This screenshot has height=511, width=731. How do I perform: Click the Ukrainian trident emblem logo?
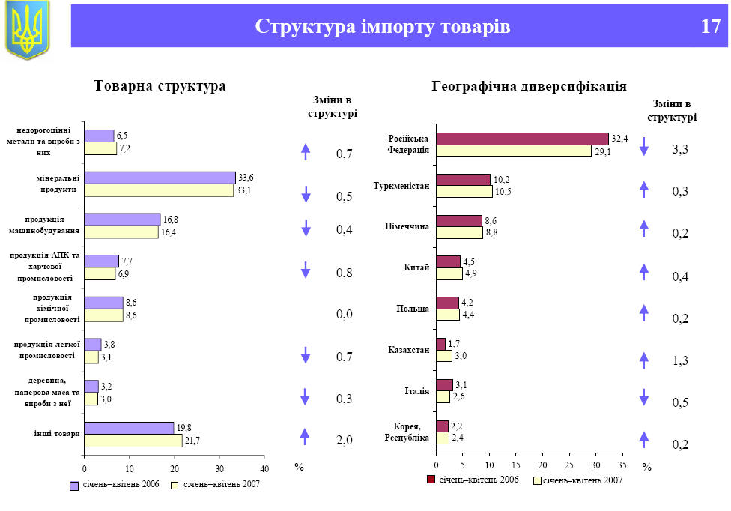(27, 29)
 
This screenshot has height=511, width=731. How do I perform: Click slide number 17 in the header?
(711, 27)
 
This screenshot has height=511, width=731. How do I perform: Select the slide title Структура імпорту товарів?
(383, 27)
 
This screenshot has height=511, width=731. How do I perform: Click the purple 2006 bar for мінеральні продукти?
(160, 178)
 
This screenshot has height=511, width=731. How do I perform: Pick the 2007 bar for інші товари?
(133, 441)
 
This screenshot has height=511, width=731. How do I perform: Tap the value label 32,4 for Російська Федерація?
(619, 138)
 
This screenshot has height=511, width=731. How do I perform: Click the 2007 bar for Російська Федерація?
(514, 151)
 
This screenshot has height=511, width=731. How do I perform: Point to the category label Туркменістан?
(401, 186)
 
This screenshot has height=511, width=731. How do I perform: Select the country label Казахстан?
(408, 350)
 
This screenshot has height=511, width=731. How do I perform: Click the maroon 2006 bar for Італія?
(444, 385)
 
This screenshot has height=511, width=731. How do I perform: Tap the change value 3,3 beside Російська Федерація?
(680, 150)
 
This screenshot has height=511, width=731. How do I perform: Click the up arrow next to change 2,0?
(306, 435)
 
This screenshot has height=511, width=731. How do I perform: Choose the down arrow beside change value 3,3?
(643, 147)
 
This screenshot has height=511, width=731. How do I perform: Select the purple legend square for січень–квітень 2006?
(74, 485)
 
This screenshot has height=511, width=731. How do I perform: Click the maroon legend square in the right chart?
(431, 480)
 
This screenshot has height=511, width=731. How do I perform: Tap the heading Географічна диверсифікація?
(530, 86)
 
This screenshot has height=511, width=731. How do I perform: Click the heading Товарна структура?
(160, 86)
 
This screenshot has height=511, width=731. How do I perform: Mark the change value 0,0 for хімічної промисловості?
(344, 314)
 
